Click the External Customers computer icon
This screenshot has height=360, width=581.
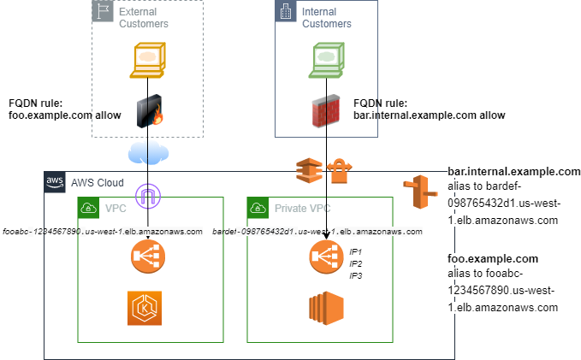click(x=148, y=61)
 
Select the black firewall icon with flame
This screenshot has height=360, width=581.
click(x=150, y=112)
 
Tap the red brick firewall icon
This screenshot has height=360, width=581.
click(x=329, y=111)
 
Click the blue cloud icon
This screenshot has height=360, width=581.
click(x=146, y=154)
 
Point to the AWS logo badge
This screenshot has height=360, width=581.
click(x=54, y=182)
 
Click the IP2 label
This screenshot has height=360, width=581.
click(x=356, y=264)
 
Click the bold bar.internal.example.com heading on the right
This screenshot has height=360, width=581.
click(x=513, y=171)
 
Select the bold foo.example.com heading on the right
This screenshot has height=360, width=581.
click(x=493, y=257)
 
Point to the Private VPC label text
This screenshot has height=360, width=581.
click(x=303, y=208)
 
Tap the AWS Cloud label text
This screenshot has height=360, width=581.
click(x=96, y=182)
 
